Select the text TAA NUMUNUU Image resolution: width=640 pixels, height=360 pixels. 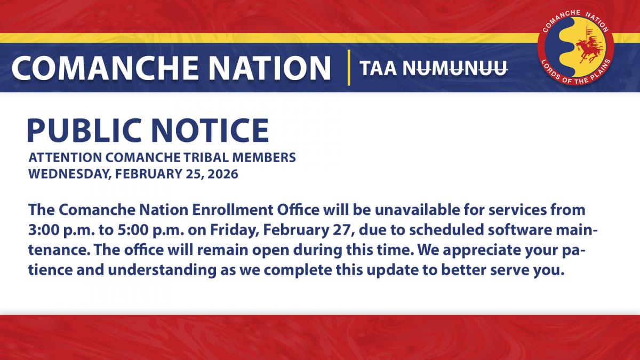433,68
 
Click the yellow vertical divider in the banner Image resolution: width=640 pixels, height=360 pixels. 348,67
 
